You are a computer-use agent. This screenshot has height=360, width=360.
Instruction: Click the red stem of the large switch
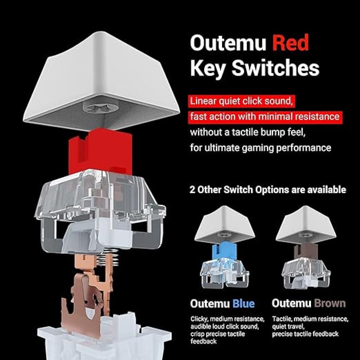coord(100,152)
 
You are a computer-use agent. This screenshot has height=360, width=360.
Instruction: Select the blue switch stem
coord(224,251)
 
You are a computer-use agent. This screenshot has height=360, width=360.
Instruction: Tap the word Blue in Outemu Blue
coord(243,303)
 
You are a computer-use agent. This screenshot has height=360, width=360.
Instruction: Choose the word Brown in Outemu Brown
coord(330,303)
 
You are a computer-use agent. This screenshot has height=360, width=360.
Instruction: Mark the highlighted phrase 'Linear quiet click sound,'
coord(242,101)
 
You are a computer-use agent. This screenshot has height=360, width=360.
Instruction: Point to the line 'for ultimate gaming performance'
coord(261,148)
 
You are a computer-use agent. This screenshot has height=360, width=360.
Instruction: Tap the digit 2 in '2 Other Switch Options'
coord(192,190)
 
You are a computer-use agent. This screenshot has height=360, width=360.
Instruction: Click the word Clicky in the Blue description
coord(199,319)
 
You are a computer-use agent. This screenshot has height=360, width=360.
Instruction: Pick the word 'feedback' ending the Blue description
coord(203,341)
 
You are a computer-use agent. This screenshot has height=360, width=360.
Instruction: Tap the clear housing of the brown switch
coord(306,273)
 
